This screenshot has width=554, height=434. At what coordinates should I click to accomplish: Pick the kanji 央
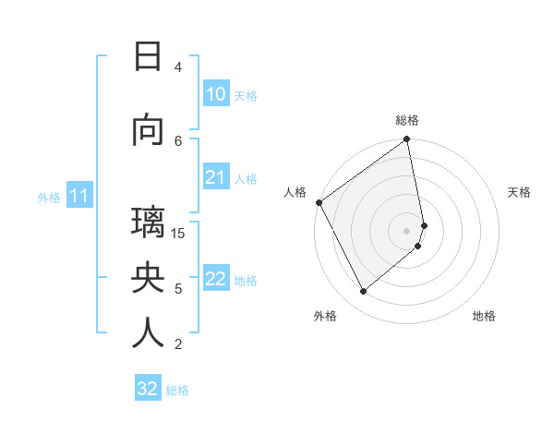pos(148,279)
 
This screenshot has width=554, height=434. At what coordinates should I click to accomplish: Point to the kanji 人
pos(148,333)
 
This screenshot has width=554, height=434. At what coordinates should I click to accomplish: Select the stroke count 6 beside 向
pos(178,139)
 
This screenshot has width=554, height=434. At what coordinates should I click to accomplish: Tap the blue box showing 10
pos(215,94)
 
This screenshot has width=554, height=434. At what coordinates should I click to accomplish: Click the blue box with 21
pos(215,178)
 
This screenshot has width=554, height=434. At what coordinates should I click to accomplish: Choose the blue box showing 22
pos(215,280)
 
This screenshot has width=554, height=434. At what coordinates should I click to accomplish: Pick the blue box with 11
pos(78,196)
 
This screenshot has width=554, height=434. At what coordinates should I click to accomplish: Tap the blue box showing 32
pos(148,389)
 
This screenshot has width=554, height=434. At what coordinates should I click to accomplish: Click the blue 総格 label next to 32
pos(177,391)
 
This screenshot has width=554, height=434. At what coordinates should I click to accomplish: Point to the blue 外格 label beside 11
pos(49,197)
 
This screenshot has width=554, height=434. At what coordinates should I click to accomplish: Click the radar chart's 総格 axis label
pos(407,120)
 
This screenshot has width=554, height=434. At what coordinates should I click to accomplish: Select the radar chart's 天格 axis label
pos(519,192)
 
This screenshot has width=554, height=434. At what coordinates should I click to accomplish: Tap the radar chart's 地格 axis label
pos(484,316)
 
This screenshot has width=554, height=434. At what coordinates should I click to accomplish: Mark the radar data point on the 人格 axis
pos(319,202)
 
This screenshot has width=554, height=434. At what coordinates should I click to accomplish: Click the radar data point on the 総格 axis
pos(407,140)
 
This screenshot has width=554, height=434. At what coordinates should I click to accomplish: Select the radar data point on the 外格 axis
pos(364,292)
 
